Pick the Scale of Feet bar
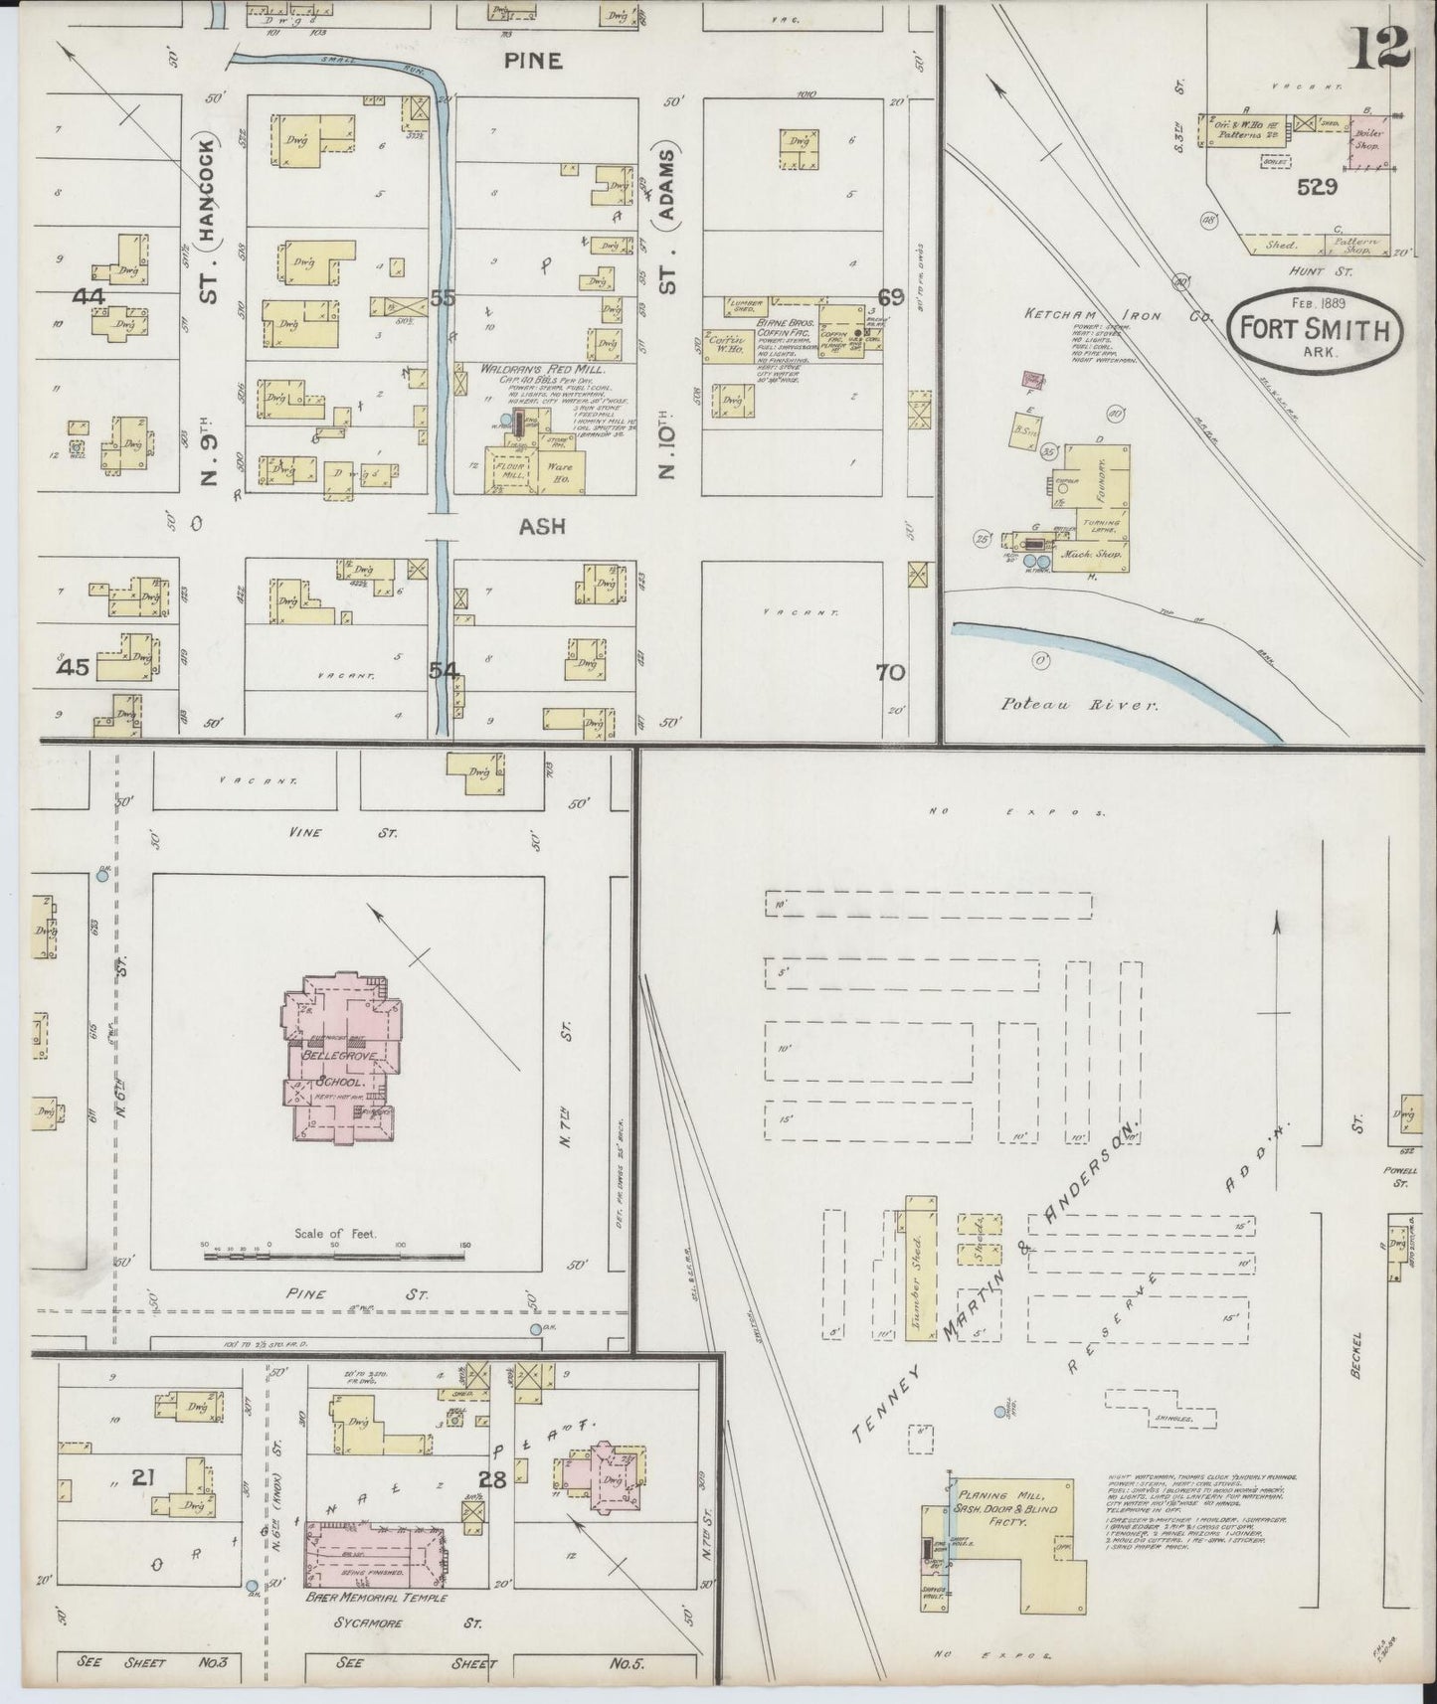pyautogui.click(x=335, y=1256)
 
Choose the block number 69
pyautogui.click(x=890, y=295)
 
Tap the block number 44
pyautogui.click(x=89, y=295)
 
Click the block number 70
pyautogui.click(x=890, y=672)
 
